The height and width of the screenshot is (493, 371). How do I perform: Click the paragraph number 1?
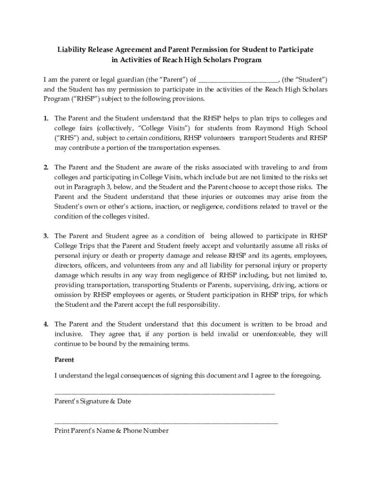coord(46,118)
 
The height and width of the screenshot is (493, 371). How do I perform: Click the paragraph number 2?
coord(46,168)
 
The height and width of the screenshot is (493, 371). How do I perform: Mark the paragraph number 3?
coord(46,236)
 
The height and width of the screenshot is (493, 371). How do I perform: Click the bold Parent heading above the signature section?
coord(64,360)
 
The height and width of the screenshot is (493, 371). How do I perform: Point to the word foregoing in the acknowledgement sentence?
coord(303,376)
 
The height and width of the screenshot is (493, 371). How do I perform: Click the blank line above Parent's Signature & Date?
coord(164,393)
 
